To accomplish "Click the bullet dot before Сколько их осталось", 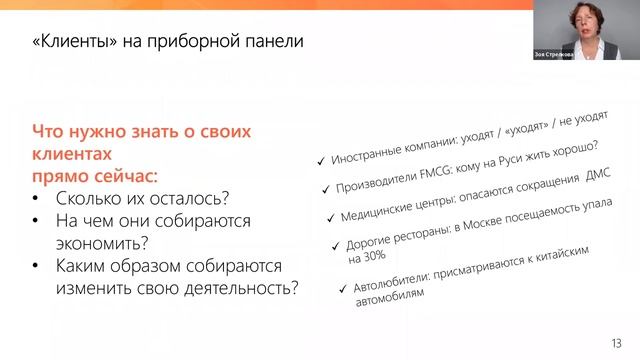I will click(37, 197).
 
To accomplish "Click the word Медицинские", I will click(376, 211).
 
